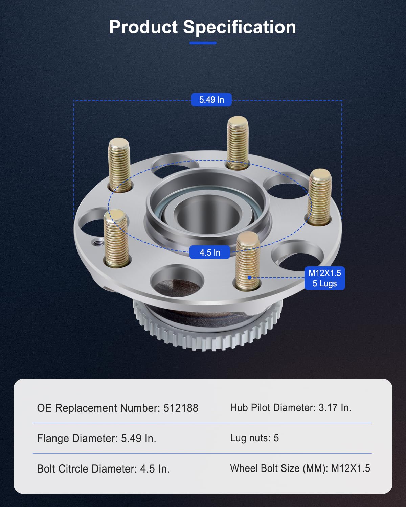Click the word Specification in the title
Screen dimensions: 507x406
(x=239, y=27)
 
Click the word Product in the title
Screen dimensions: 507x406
(x=143, y=27)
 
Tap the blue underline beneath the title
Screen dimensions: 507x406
(x=203, y=43)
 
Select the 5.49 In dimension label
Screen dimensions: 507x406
(x=211, y=100)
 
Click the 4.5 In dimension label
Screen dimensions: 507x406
(x=210, y=252)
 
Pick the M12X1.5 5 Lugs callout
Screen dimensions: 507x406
(x=324, y=278)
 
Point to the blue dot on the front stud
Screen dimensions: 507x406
(x=249, y=277)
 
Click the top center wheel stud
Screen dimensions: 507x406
(x=238, y=142)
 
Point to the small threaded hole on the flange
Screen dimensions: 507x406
(x=98, y=243)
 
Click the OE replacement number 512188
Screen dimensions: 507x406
(x=181, y=408)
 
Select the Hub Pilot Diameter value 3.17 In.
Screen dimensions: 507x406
(x=335, y=408)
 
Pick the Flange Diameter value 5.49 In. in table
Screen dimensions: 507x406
(x=138, y=438)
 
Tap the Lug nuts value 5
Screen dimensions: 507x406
(x=276, y=438)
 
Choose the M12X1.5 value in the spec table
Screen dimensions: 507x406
(x=351, y=468)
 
